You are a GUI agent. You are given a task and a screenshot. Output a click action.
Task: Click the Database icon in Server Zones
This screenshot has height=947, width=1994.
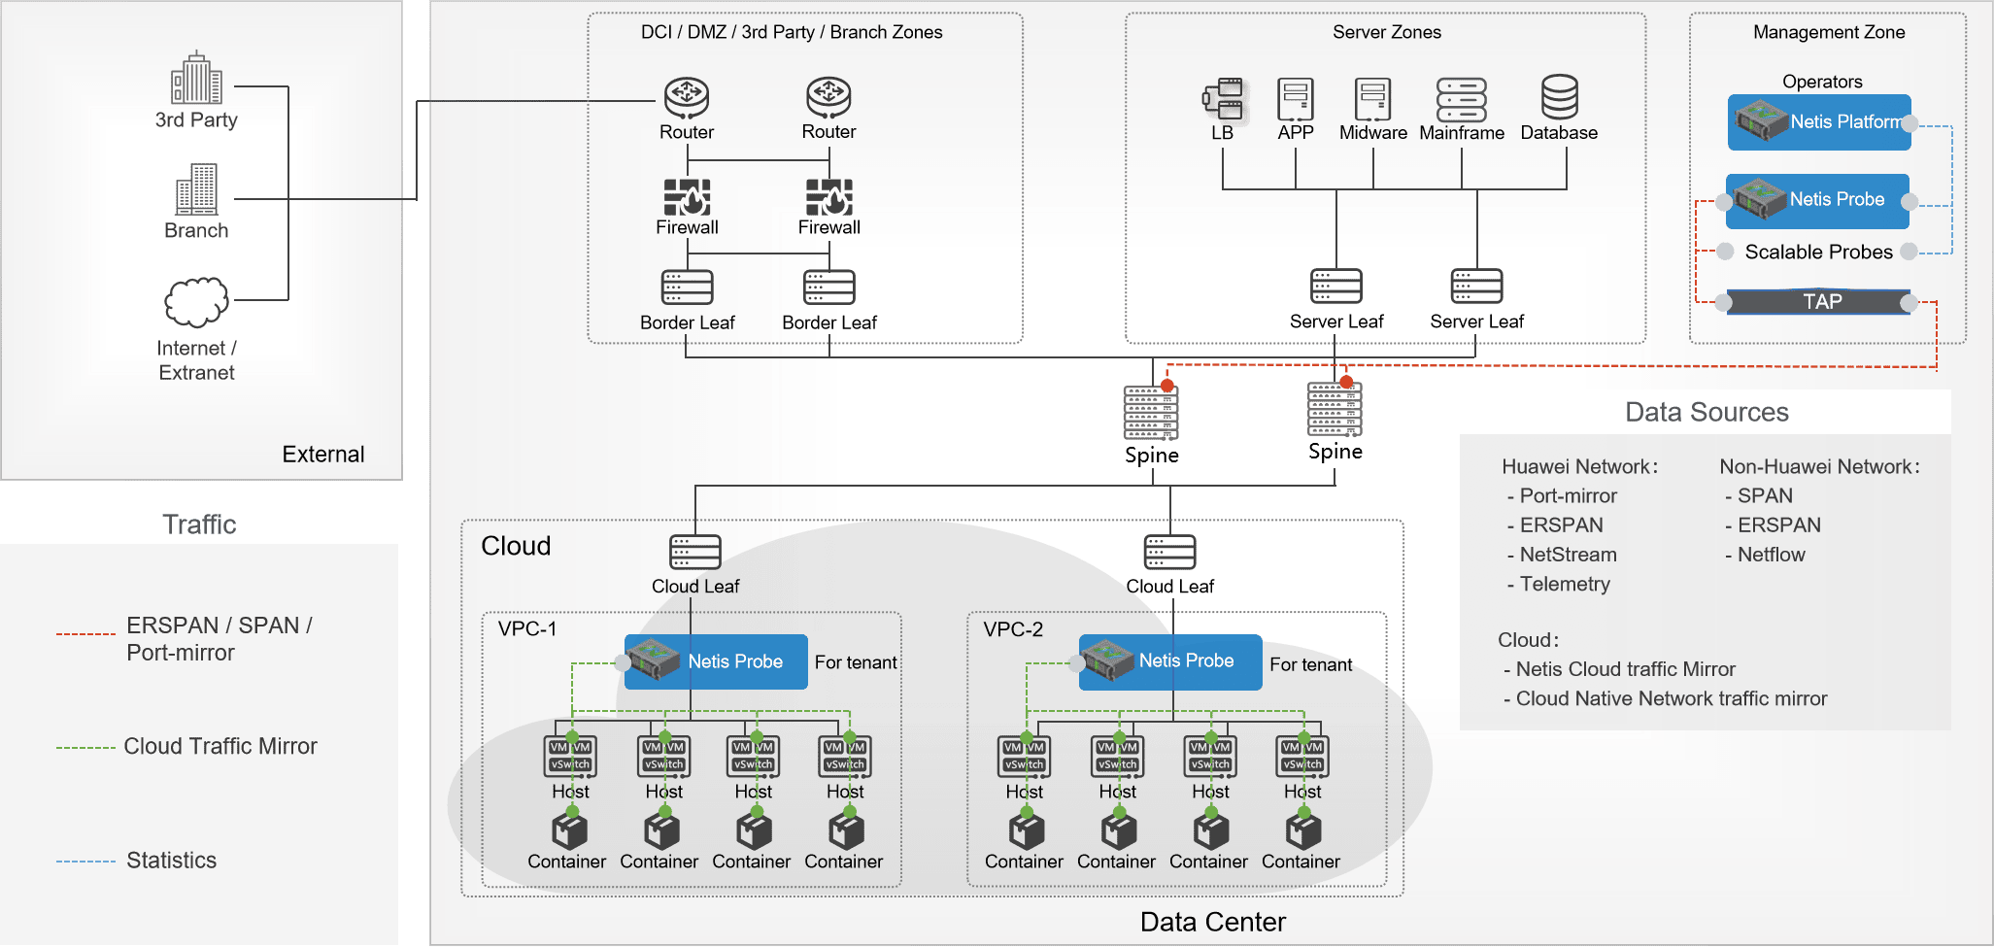coord(1559,98)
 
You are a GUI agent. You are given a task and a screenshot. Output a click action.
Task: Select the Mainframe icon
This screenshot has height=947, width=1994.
coord(1461,100)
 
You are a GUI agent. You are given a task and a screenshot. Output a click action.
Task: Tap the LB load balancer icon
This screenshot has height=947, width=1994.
coord(1226,100)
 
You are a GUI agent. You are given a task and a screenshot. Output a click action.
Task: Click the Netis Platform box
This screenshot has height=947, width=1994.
coord(1819,122)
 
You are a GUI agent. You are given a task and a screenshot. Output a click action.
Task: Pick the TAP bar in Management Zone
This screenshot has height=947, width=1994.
coord(1817,302)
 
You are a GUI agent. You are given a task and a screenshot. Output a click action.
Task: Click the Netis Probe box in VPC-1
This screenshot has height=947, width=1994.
coord(716,661)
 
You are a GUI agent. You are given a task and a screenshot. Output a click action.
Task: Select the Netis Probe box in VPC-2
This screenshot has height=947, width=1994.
coord(1170,661)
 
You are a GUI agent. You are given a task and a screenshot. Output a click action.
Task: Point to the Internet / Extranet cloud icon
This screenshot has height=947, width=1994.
coord(196,302)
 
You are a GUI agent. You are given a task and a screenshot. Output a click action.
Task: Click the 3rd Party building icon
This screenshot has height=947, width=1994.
coord(196,79)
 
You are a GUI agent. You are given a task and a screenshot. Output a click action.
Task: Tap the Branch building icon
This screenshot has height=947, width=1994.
coord(196,190)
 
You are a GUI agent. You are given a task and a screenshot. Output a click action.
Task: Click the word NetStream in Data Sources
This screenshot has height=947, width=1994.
coord(1568,555)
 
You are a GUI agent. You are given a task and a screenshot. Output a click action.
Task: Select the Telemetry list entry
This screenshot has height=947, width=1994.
coord(1564,584)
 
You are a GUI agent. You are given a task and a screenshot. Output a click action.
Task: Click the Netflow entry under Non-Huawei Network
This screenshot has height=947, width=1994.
coord(1771,555)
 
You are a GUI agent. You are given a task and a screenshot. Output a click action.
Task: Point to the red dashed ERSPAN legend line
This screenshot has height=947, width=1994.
coord(85,634)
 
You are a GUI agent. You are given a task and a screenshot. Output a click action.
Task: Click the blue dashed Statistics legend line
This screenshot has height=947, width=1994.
coord(85,862)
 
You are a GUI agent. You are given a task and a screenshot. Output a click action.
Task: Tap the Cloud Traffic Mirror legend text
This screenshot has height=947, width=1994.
coord(220,747)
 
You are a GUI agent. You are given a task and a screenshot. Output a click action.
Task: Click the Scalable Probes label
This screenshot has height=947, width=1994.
coord(1818,253)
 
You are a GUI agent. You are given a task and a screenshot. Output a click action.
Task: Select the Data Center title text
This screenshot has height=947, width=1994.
coord(1212,922)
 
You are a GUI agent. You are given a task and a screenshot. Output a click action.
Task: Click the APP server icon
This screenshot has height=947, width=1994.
coord(1295,100)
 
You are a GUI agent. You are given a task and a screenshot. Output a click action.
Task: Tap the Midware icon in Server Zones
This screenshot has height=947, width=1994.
coord(1372,100)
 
